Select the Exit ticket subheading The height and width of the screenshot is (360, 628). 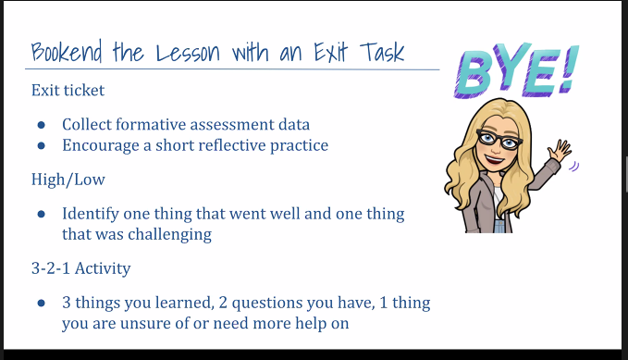(x=68, y=90)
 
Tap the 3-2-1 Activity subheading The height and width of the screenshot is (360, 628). (x=80, y=268)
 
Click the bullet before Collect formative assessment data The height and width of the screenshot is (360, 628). (x=42, y=125)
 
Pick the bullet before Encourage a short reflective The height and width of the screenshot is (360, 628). (x=42, y=145)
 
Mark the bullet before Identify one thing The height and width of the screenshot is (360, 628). (x=42, y=215)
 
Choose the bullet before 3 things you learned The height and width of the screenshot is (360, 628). (x=42, y=304)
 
